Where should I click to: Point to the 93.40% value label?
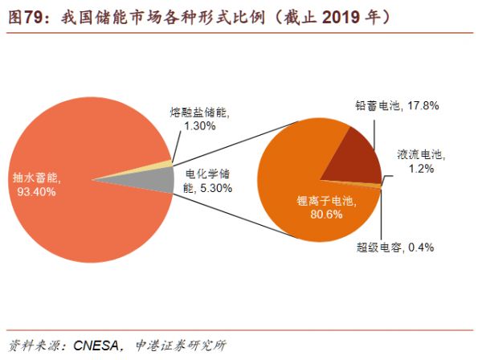coord(31,193)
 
